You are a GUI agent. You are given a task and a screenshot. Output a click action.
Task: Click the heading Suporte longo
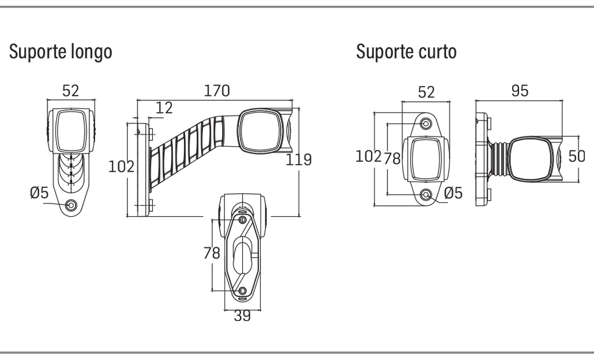[x=61, y=52]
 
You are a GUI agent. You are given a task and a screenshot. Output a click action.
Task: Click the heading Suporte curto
[x=406, y=51]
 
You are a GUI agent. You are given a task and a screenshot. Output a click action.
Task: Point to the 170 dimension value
[x=217, y=91]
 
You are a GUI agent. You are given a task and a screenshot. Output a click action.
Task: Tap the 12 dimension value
[x=164, y=108]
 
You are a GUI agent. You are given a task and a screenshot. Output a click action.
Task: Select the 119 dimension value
[x=298, y=159]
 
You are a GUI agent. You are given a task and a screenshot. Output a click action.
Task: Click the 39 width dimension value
[x=242, y=315]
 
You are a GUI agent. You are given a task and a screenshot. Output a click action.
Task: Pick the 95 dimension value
[x=520, y=91]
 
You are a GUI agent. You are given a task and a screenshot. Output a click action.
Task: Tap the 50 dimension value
[x=577, y=156]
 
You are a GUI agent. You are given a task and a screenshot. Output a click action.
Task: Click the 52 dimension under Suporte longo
[x=70, y=91]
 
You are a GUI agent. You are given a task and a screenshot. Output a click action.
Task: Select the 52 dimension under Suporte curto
[x=426, y=92]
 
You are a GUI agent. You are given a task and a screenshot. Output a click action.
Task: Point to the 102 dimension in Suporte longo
[x=121, y=166]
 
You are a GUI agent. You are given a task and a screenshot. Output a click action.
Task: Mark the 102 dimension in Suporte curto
[x=368, y=156]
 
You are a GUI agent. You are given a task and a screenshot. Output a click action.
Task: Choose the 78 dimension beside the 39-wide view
[x=212, y=253]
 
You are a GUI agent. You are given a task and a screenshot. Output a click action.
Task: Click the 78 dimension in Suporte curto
[x=392, y=158]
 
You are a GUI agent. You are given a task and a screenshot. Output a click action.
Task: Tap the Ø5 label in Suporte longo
[x=40, y=193]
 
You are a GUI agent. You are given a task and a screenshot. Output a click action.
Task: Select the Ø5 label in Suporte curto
[x=454, y=193]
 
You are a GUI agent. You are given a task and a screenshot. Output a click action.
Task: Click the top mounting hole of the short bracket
[x=426, y=123]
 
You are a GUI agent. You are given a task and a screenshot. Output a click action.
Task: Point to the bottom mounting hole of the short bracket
[x=426, y=195]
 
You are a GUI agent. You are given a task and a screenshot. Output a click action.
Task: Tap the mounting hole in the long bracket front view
[x=71, y=205]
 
